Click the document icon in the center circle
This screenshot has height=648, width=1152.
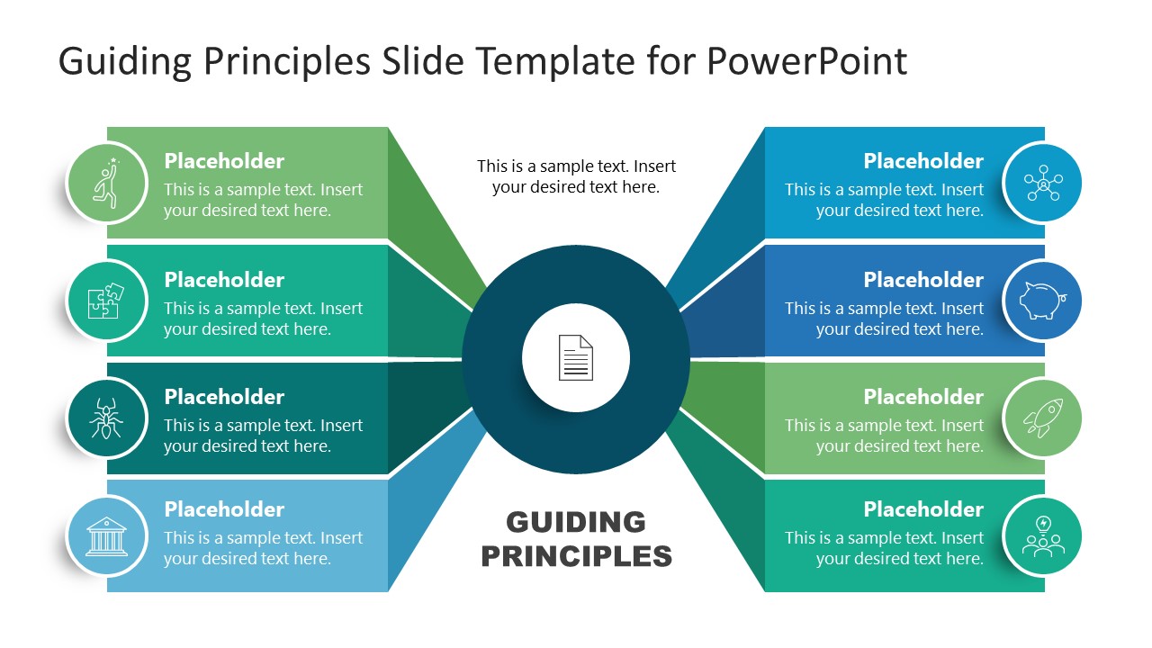576,357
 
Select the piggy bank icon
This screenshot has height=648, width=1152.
1042,301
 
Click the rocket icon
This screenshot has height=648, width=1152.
1042,418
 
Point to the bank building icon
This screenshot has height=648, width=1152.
106,536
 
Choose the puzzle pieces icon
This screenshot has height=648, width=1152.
106,301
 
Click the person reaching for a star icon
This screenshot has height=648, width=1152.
106,183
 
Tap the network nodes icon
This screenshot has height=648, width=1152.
1042,183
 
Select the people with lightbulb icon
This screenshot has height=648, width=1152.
1042,536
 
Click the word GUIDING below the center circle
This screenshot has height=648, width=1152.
576,522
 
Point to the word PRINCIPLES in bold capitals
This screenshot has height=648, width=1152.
576,555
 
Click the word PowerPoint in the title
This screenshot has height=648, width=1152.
806,61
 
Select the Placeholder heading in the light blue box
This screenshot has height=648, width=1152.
224,509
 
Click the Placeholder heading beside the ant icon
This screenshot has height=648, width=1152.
224,397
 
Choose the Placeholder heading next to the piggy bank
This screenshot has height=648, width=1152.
923,280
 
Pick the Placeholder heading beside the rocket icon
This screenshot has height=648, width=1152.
923,397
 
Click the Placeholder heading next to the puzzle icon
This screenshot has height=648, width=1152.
224,280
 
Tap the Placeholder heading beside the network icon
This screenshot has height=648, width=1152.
923,161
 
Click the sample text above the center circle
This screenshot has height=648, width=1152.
576,176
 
